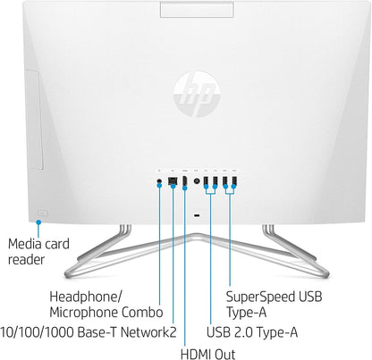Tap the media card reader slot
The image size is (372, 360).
click(x=41, y=213)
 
